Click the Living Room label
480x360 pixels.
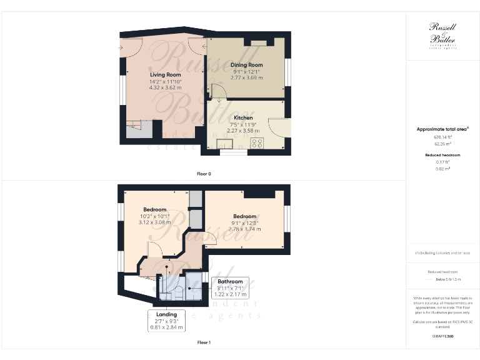165,75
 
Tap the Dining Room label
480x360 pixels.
247,65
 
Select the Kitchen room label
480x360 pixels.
243,117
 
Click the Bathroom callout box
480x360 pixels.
230,287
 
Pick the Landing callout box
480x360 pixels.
166,320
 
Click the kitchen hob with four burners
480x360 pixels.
256,143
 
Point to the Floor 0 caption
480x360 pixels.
203,173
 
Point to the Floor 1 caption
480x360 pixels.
203,342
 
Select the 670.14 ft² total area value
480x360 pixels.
442,136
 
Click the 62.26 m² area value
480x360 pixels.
442,143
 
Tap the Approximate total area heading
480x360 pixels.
442,129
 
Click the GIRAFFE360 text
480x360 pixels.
442,337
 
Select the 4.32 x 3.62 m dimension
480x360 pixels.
165,88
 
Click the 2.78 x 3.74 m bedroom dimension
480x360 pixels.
245,229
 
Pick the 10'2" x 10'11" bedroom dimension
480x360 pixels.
154,216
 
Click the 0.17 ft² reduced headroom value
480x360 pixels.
442,162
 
